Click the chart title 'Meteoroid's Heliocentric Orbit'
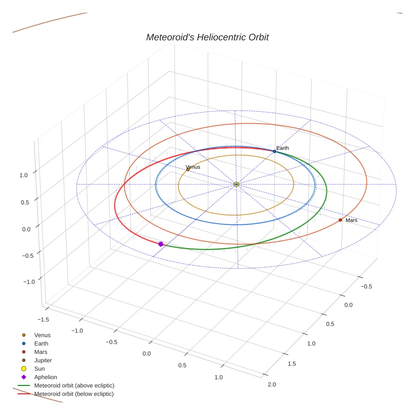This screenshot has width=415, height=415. coord(207,38)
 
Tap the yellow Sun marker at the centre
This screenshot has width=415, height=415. coord(236,184)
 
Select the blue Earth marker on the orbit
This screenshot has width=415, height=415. coord(274,151)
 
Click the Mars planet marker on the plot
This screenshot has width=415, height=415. coord(340,220)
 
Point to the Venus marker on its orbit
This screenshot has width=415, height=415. coord(188,170)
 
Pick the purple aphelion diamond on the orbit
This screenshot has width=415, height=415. coord(161,244)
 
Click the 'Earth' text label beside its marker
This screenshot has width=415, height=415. coord(283,148)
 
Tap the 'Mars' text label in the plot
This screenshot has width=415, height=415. coord(351,220)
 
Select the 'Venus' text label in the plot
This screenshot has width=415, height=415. coord(193,167)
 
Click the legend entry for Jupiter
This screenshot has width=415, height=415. coord(43,360)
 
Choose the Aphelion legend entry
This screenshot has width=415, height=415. coord(45,377)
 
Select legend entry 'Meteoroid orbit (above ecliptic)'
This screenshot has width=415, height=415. coord(74,385)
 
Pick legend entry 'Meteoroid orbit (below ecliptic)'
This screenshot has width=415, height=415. coord(74,394)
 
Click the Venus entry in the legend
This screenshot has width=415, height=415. coord(42,335)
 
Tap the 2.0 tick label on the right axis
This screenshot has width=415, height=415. coord(272,384)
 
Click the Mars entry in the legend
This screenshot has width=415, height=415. coord(40,352)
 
